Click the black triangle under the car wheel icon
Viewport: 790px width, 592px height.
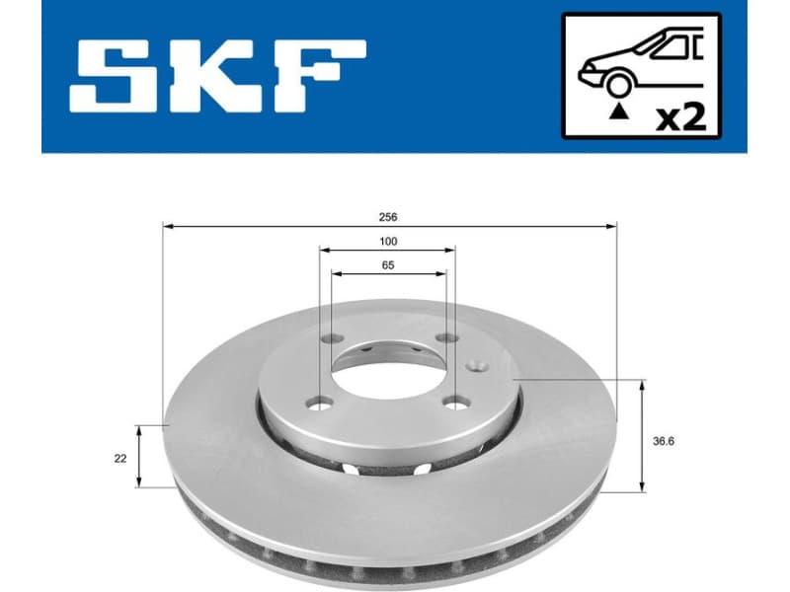[619, 113]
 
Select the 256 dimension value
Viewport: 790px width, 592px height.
[388, 216]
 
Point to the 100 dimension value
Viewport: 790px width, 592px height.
[388, 242]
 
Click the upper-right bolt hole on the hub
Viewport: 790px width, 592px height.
[447, 339]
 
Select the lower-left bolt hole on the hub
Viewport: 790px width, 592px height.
[318, 402]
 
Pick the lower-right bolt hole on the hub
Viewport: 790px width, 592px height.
[455, 402]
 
